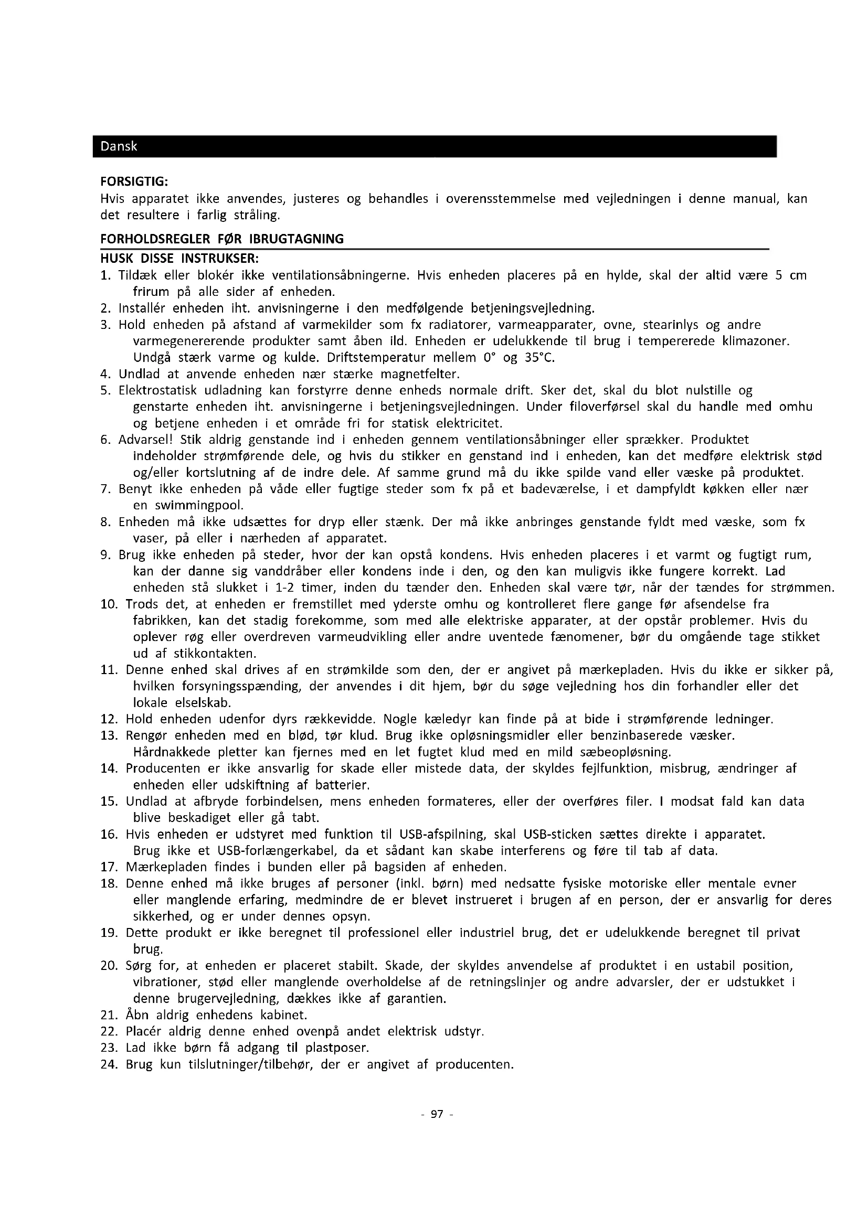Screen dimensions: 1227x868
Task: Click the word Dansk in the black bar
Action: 119,146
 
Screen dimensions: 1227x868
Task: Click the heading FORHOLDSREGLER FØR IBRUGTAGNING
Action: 222,239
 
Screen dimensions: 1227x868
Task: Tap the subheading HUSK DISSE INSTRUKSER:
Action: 179,259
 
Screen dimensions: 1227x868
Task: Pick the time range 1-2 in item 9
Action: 284,588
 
